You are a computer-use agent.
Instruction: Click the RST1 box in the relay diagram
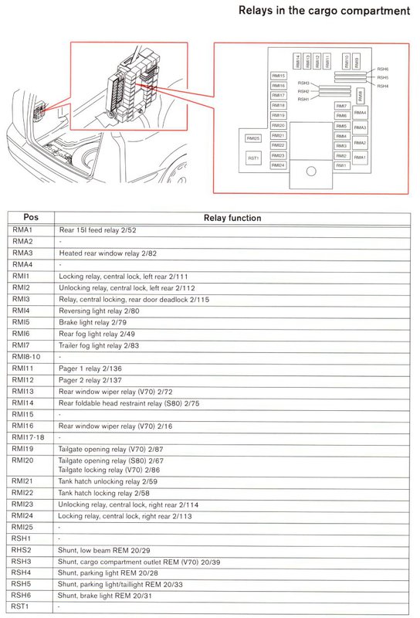click(253, 156)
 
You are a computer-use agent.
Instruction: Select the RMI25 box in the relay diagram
click(252, 138)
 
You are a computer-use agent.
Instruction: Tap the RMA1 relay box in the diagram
click(360, 157)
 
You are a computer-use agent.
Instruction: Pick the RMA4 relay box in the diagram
click(360, 113)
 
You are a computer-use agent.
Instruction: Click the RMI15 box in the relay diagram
click(279, 76)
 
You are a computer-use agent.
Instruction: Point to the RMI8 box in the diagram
click(361, 96)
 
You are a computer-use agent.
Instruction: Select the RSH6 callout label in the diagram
click(383, 70)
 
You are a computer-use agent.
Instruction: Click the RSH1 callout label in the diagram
click(303, 99)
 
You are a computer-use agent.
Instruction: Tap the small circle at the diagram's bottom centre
click(311, 171)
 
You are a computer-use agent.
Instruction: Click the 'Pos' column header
click(31, 218)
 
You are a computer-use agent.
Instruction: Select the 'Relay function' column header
click(232, 218)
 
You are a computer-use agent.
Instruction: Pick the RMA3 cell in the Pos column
click(23, 253)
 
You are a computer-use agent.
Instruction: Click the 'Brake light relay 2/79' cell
click(93, 321)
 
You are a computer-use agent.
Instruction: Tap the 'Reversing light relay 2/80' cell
click(97, 310)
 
